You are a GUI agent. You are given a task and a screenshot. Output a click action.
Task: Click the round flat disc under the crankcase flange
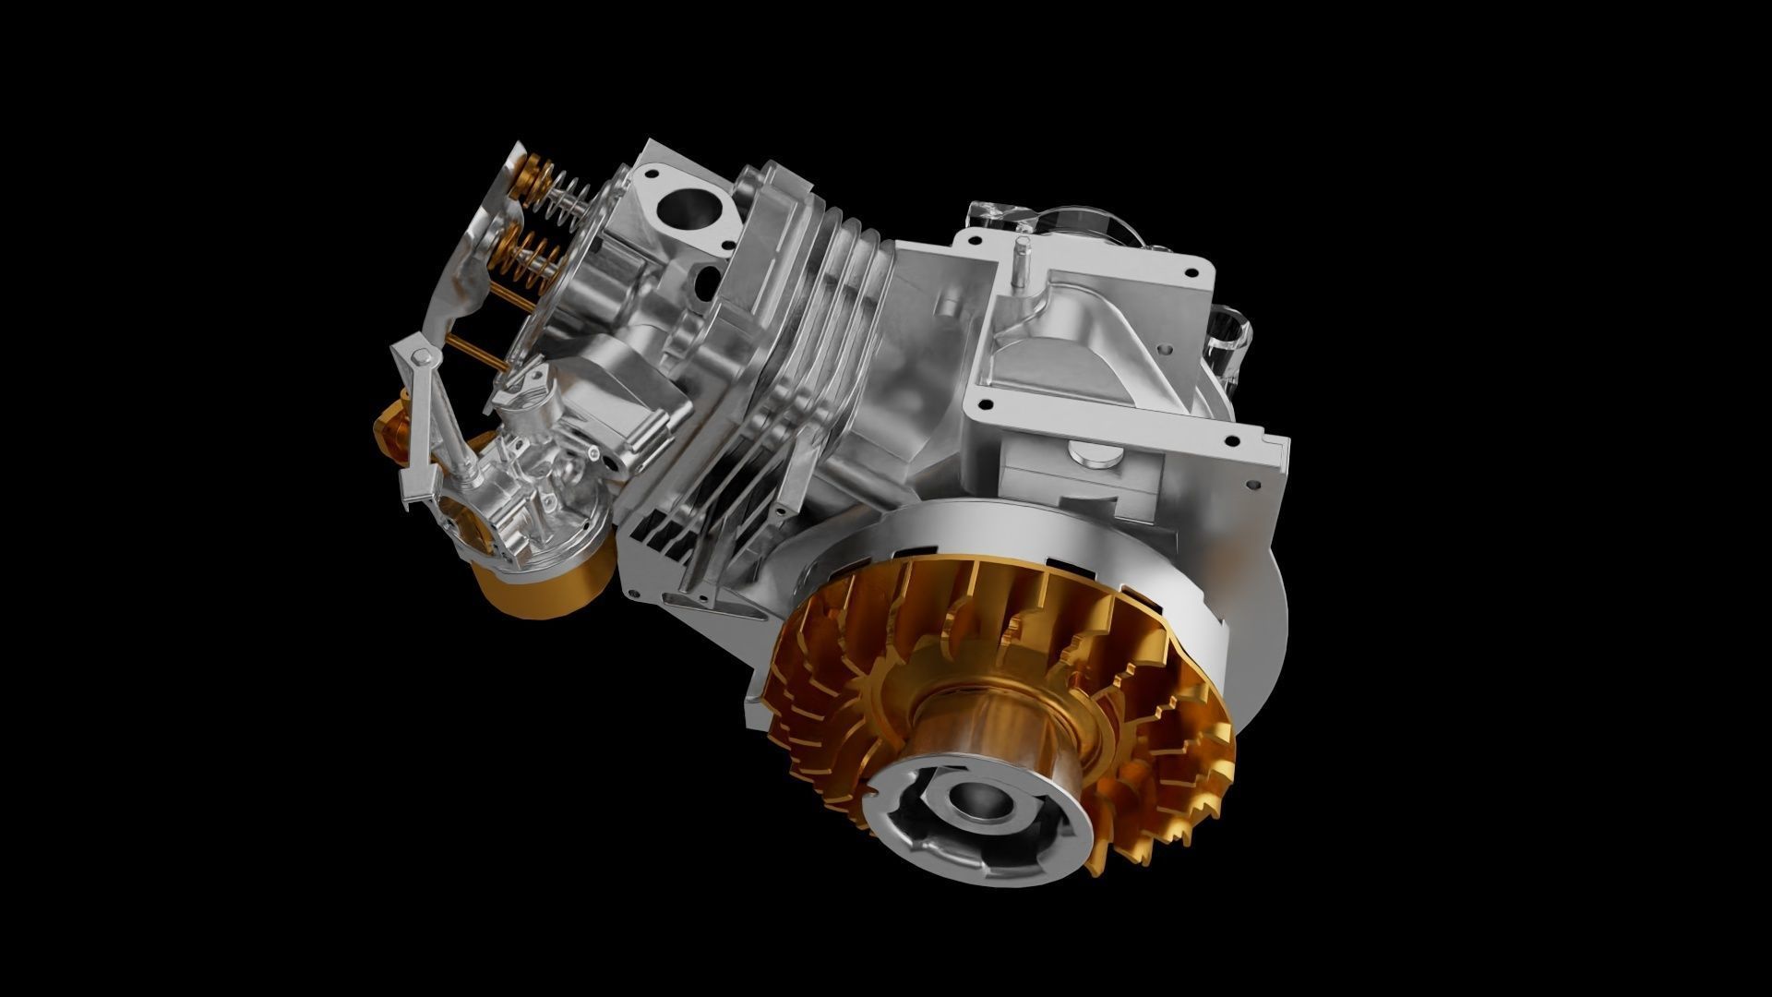click(x=1093, y=453)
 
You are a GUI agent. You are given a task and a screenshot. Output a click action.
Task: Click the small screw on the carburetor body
click(x=592, y=452)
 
